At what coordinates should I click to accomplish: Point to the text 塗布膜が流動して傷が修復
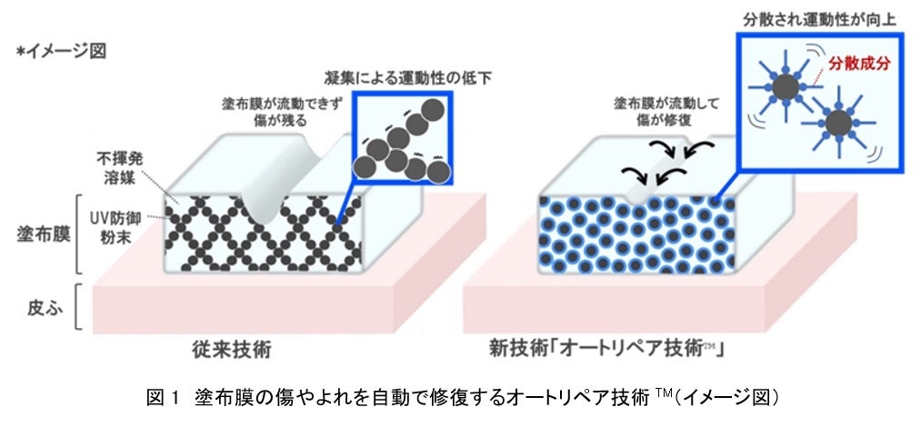pos(652,111)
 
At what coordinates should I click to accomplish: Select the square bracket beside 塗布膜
pos(79,233)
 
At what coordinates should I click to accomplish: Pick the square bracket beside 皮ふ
pos(79,308)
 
